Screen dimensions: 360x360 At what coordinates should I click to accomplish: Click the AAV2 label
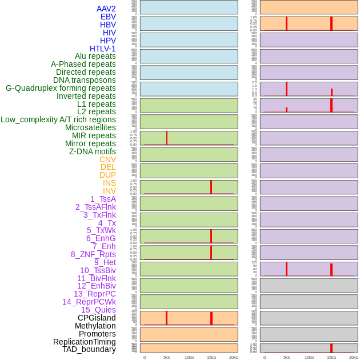[106, 9]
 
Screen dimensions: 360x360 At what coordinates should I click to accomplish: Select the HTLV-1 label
[102, 49]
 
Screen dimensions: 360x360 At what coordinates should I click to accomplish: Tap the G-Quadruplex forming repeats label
[61, 88]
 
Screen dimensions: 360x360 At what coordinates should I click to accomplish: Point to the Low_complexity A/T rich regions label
[58, 119]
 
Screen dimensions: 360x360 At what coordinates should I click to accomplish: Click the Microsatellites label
[90, 127]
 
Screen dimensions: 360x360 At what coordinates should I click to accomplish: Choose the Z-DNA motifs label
[92, 151]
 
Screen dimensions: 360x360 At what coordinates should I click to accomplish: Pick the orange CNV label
[107, 159]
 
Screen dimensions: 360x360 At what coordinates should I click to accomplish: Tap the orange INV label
[109, 191]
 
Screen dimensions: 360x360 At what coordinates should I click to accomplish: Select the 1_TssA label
[103, 199]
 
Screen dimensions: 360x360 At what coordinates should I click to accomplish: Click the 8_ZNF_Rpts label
[93, 254]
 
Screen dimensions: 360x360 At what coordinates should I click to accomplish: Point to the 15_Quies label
[98, 310]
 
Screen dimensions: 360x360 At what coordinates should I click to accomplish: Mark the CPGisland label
[97, 318]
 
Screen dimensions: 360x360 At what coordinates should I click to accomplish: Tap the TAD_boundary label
[89, 349]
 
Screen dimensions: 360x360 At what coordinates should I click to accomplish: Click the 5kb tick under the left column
[167, 357]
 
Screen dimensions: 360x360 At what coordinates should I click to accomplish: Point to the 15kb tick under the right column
[331, 357]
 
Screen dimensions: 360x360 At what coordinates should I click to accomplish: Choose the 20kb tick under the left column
[233, 357]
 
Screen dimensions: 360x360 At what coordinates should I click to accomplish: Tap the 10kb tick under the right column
[309, 357]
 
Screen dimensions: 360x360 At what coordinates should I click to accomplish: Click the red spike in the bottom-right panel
[331, 347]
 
